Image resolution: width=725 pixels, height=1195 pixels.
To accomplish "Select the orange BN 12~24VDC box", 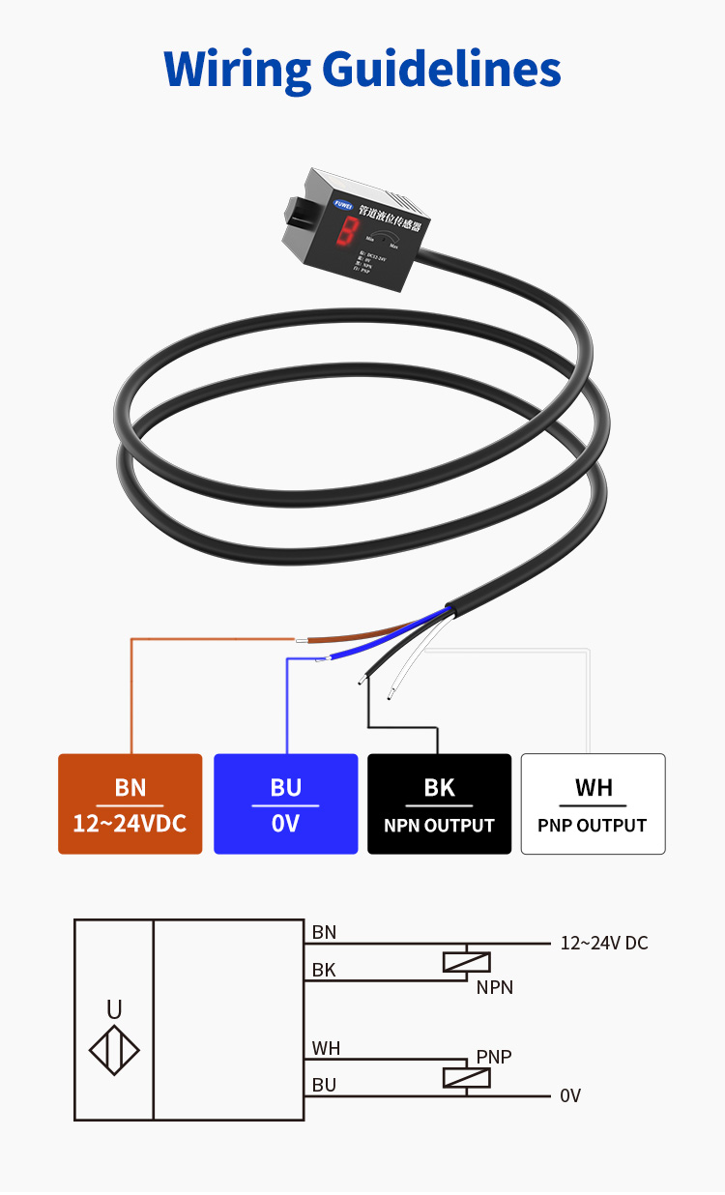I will pos(130,803).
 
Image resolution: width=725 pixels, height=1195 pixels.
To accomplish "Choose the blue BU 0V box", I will pos(285,803).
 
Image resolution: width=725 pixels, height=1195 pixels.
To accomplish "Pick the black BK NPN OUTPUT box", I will pos(439,803).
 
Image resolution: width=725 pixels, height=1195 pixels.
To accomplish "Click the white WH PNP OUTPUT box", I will pos(594,803).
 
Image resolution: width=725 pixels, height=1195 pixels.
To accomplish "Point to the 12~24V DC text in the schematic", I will pos(604,943).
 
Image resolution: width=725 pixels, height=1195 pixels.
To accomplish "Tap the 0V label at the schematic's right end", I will pos(570,1095).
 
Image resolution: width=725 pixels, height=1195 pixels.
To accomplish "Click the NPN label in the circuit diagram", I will pos(494,987).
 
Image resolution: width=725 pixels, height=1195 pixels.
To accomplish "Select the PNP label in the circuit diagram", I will pos(493,1057).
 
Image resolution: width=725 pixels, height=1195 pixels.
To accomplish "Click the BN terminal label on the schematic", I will pos(324,932).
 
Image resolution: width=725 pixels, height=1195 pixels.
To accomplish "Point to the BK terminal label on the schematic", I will pos(324,969).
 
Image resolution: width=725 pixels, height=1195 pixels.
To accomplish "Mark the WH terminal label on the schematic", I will pos(326,1048).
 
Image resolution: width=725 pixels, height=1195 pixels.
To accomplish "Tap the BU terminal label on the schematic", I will pos(324,1085).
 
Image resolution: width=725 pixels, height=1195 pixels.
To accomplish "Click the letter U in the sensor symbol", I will pos(114,1010).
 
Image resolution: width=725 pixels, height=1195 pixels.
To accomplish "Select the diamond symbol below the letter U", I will pos(114,1050).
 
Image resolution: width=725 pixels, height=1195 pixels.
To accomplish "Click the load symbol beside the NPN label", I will pos(466,962).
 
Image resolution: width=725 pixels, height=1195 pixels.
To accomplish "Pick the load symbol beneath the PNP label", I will pos(466,1077).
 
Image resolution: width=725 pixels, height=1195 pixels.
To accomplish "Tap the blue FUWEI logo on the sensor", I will pos(342,204).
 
